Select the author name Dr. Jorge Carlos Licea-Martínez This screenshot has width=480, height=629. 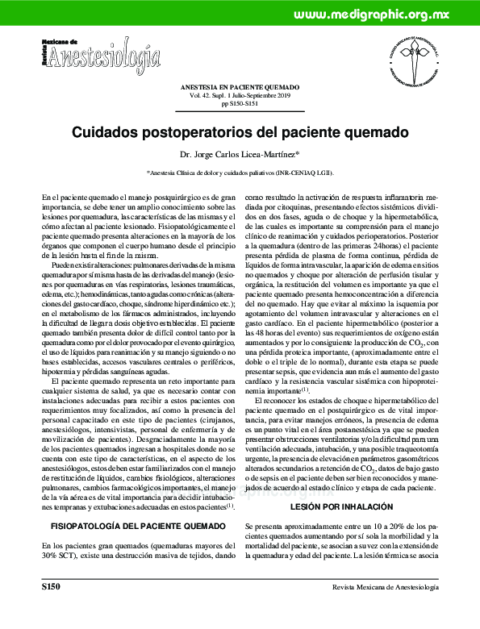(240, 153)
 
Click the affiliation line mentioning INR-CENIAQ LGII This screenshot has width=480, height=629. (240, 173)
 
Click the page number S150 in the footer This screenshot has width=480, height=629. (51, 610)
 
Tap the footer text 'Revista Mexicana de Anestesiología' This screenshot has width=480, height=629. (385, 610)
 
